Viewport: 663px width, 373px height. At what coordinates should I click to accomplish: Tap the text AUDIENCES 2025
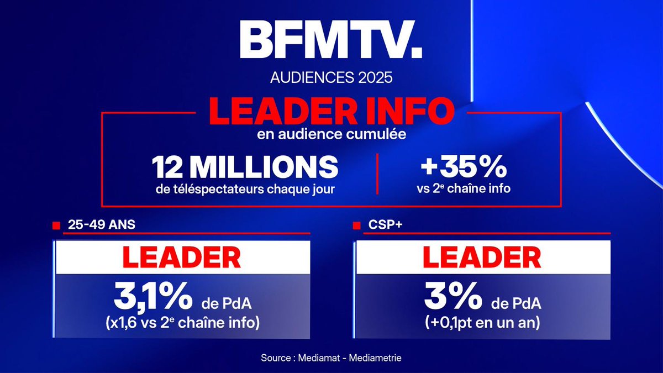click(331, 77)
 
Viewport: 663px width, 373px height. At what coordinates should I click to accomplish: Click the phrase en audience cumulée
click(331, 135)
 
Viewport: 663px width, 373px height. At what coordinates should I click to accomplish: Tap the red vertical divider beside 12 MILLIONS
click(377, 174)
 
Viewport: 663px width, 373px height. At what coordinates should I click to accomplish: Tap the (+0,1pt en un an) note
click(482, 323)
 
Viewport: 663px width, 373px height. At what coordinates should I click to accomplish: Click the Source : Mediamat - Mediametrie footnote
click(331, 358)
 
